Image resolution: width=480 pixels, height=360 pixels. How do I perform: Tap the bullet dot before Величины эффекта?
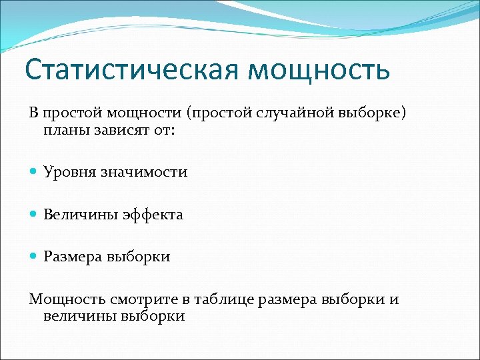pos(35,215)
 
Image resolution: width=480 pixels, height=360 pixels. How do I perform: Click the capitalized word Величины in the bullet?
pos(80,215)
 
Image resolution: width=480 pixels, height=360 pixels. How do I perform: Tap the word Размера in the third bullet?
pos(72,257)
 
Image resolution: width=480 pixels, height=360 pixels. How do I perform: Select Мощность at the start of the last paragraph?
pos(63,299)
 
